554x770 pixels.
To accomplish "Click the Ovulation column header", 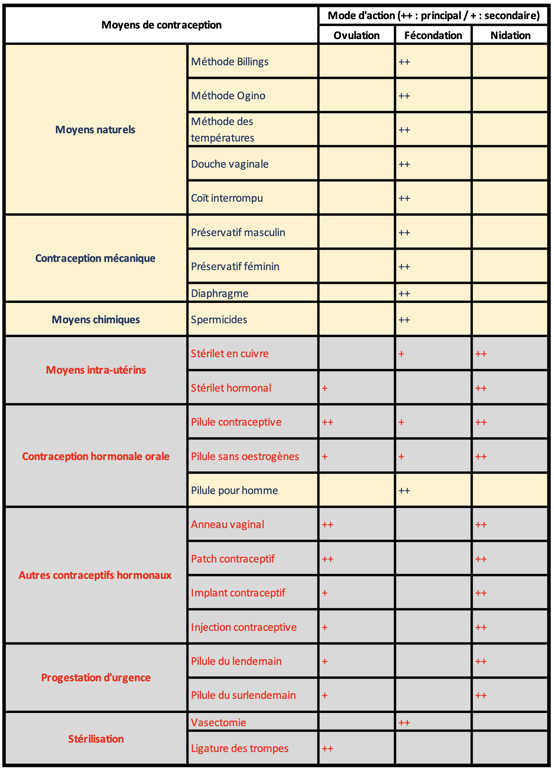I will (x=356, y=35).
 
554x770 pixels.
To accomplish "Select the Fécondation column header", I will (x=433, y=35).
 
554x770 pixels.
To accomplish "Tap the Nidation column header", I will (x=510, y=35).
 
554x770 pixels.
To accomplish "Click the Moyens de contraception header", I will (x=161, y=25).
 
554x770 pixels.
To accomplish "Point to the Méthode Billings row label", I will (x=230, y=62).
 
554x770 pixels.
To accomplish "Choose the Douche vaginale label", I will (x=230, y=164).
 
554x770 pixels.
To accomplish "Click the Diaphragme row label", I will (x=219, y=293).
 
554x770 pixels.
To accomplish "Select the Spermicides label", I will (x=219, y=320).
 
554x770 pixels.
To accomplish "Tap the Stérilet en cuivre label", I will (x=230, y=354).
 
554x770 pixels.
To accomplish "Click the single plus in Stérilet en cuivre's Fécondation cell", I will (x=401, y=354).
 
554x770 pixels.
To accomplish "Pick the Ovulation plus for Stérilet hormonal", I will (x=324, y=388).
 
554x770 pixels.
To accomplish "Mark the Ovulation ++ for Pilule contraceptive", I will (x=327, y=423).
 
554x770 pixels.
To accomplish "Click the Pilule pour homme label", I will (x=234, y=491).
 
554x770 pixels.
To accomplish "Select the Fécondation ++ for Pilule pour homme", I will (x=404, y=491).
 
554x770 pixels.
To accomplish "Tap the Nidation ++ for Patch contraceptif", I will (x=481, y=559).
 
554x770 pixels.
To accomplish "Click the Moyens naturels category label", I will (x=95, y=130).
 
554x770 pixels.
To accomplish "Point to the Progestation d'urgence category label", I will (x=96, y=678).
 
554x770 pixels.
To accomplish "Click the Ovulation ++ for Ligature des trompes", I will (x=327, y=749).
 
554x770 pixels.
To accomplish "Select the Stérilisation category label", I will (x=96, y=739).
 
